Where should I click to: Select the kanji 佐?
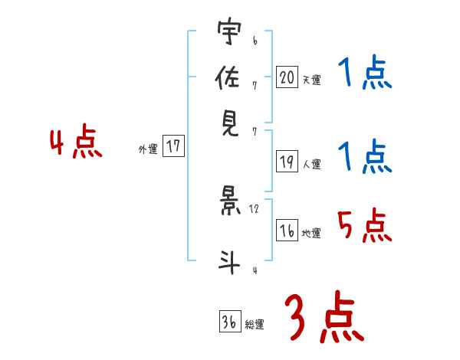pos(228,77)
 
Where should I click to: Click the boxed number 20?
pos(287,77)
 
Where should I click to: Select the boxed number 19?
pos(287,162)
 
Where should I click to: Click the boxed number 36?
pos(228,322)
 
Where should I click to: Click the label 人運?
pos(311,164)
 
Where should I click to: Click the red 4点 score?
pos(75,144)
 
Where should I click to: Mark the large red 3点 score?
pos(323,318)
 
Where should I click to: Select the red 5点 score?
pos(364,226)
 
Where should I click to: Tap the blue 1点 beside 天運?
pos(364,74)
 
